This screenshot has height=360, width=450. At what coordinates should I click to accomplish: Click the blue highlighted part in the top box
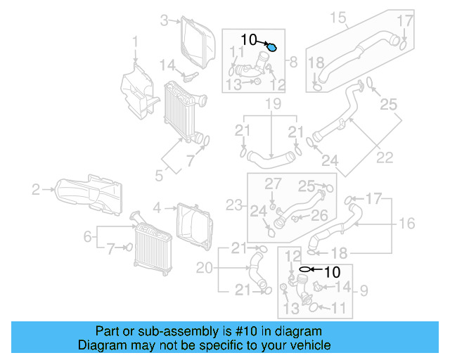[272, 48]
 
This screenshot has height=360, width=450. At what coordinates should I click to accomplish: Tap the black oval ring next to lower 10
[304, 269]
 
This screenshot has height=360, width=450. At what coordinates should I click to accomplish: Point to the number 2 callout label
[35, 188]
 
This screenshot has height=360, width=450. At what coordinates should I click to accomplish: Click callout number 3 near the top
[164, 20]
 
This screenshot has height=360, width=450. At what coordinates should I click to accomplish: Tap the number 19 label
[273, 105]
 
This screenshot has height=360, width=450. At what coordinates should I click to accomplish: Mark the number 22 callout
[385, 157]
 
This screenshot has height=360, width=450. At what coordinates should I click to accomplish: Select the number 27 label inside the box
[272, 184]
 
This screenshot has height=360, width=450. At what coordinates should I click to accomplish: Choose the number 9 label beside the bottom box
[364, 289]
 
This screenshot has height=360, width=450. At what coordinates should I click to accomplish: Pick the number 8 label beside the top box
[293, 62]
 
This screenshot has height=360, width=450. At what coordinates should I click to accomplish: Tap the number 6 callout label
[87, 237]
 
